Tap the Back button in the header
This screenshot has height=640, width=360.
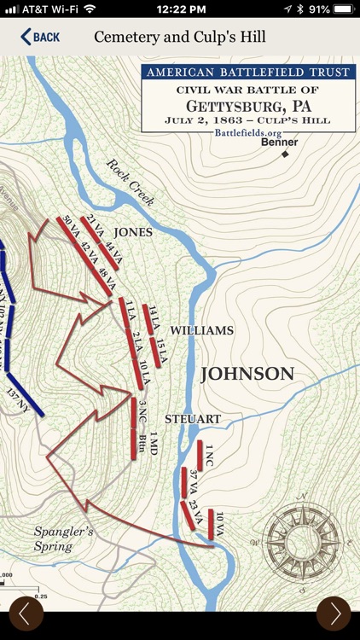(40, 37)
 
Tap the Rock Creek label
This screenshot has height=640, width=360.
(131, 181)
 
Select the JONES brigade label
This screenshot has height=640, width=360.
(133, 232)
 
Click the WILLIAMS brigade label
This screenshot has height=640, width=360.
(201, 330)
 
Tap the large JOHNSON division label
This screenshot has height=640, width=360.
(247, 374)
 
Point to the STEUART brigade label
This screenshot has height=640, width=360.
(193, 419)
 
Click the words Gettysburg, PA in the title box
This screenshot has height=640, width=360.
(247, 106)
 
